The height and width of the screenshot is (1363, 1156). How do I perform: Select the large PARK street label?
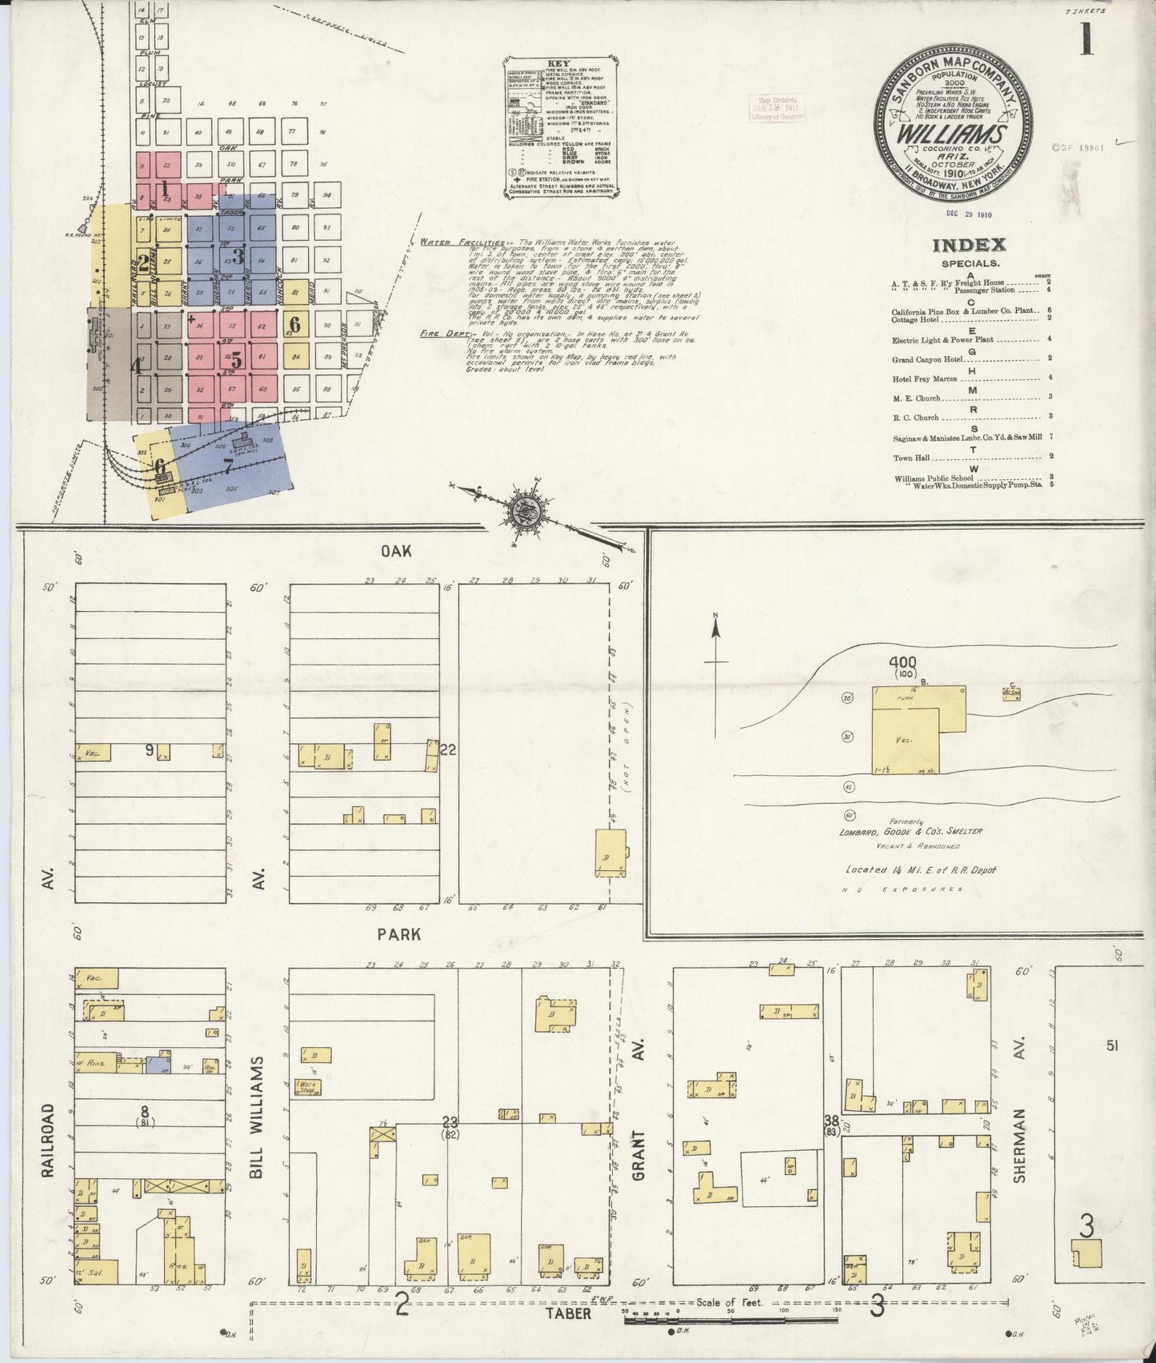click(406, 933)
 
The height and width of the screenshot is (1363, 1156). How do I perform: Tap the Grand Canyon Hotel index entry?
click(930, 359)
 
